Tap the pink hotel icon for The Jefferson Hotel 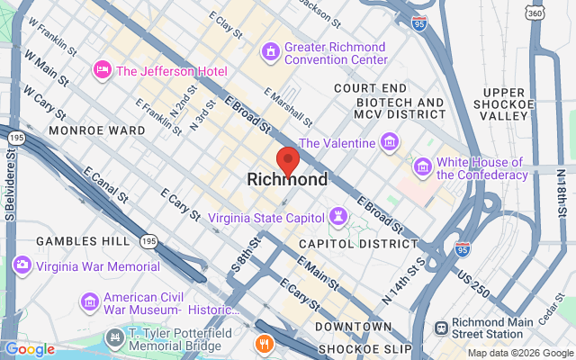click(103, 69)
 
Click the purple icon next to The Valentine click(390, 142)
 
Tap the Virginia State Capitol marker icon click(337, 217)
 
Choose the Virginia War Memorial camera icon click(22, 265)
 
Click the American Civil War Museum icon click(89, 301)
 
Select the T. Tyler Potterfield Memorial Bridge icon click(115, 338)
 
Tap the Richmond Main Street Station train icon click(442, 330)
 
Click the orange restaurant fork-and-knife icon click(264, 342)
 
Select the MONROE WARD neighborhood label click(97, 130)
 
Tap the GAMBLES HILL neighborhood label click(83, 242)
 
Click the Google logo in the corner click(29, 349)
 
